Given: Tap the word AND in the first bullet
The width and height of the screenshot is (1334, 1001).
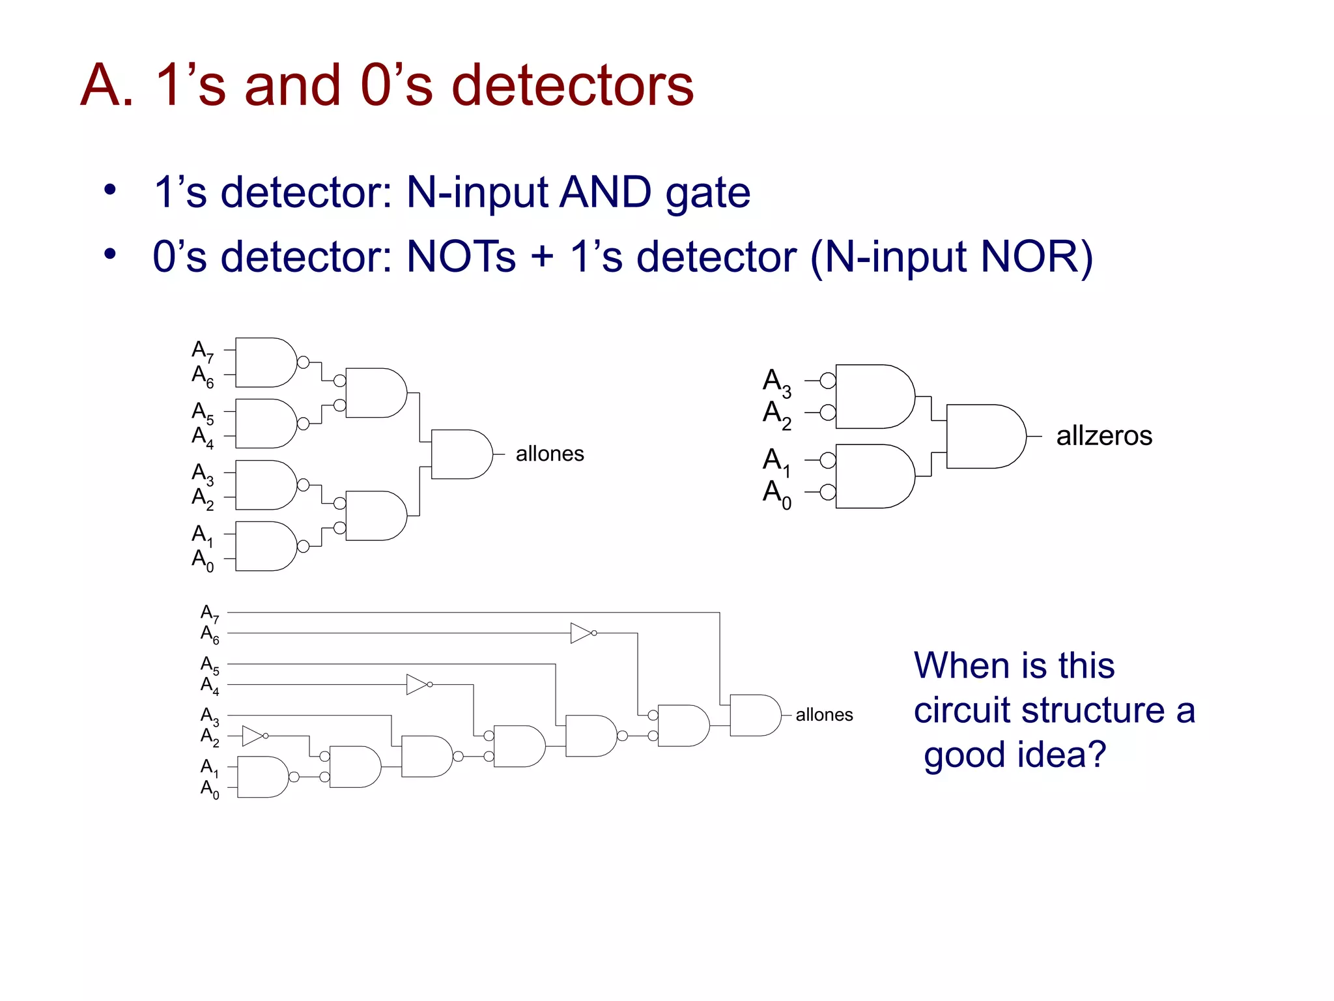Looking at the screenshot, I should point(605,192).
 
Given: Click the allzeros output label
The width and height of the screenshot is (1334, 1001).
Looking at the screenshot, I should point(1103,436).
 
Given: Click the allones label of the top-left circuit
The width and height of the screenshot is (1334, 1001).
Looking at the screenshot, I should point(549,454).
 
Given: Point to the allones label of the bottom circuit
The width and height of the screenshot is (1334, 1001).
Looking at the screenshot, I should point(823,715).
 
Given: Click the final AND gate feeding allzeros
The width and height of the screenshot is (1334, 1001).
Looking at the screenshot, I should point(984,436).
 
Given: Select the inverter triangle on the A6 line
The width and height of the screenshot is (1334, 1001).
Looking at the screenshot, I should point(580,633).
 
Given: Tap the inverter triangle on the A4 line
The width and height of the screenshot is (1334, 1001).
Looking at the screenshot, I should point(416,684).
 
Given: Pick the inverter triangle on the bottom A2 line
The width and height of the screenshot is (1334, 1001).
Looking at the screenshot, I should point(252,736).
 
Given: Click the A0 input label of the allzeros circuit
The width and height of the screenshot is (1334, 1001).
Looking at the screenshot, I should point(776,493).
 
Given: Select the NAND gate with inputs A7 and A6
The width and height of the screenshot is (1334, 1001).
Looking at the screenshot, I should point(264,362).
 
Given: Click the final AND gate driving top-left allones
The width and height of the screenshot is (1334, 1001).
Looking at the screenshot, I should point(460,454).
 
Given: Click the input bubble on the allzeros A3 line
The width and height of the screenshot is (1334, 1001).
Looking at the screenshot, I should point(827,381).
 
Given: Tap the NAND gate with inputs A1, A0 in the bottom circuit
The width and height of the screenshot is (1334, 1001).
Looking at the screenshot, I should point(262,777).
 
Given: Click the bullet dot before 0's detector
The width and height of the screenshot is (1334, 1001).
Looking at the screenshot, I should point(109,254).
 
